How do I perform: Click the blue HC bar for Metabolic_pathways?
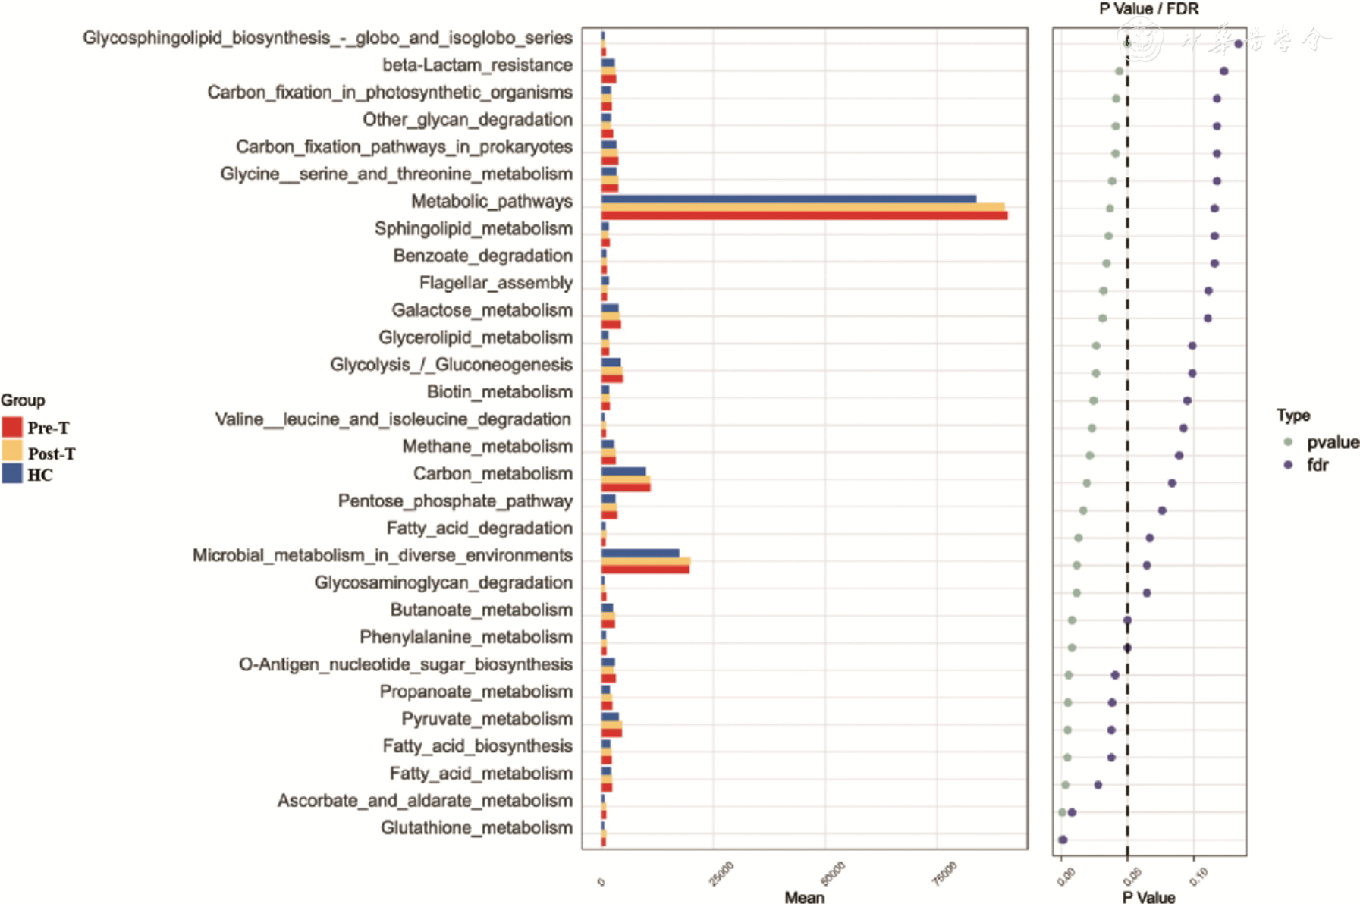pyautogui.click(x=789, y=199)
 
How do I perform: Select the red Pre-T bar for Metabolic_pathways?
pyautogui.click(x=804, y=216)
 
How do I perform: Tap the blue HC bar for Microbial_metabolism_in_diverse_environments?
pyautogui.click(x=640, y=553)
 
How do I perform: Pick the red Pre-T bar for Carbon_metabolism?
pyautogui.click(x=626, y=487)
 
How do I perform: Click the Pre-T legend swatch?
pyautogui.click(x=12, y=427)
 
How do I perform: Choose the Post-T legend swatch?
pyautogui.click(x=12, y=451)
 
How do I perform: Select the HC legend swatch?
pyautogui.click(x=12, y=474)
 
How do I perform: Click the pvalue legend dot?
pyautogui.click(x=1288, y=441)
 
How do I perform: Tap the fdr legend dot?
pyautogui.click(x=1288, y=464)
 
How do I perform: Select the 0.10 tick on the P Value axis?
pyautogui.click(x=1198, y=877)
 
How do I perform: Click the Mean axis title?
pyautogui.click(x=804, y=897)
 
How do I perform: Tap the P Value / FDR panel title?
pyautogui.click(x=1149, y=9)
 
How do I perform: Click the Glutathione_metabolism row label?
pyautogui.click(x=476, y=827)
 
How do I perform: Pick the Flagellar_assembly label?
pyautogui.click(x=496, y=283)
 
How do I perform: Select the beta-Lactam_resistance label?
pyautogui.click(x=477, y=65)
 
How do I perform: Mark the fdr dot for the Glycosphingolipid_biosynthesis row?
pyautogui.click(x=1239, y=44)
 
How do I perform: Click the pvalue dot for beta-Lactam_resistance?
pyautogui.click(x=1119, y=71)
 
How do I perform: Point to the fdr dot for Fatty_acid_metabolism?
pyautogui.click(x=1098, y=785)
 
